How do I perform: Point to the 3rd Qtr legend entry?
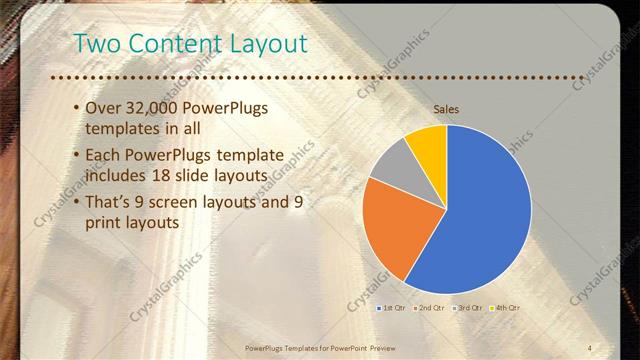coord(467,308)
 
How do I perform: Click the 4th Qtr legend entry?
coord(505,308)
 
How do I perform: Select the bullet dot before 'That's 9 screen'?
coord(79,203)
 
